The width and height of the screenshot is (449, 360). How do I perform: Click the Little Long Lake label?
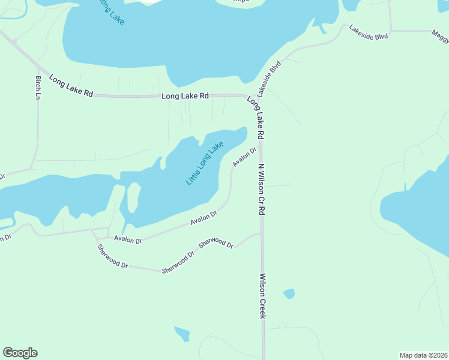[x=205, y=163]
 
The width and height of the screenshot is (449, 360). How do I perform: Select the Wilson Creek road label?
[x=262, y=296]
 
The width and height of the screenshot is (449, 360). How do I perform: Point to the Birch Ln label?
[x=38, y=88]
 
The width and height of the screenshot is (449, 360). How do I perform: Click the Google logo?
[x=20, y=353]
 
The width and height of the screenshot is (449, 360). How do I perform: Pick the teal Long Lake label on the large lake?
[x=110, y=12]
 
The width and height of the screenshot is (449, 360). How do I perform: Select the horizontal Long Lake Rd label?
[x=185, y=96]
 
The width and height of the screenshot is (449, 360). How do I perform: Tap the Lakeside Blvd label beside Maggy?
[x=369, y=32]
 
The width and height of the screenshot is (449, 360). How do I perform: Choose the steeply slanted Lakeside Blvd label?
[x=270, y=79]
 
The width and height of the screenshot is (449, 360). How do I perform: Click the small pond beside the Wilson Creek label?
[x=289, y=294]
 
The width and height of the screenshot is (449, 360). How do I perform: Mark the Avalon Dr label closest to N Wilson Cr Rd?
[x=244, y=158]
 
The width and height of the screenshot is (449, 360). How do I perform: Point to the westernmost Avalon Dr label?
[x=128, y=240]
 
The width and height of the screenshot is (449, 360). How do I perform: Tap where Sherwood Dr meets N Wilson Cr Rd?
[x=261, y=234]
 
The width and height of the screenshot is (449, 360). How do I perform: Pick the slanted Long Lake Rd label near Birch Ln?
[x=71, y=86]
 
